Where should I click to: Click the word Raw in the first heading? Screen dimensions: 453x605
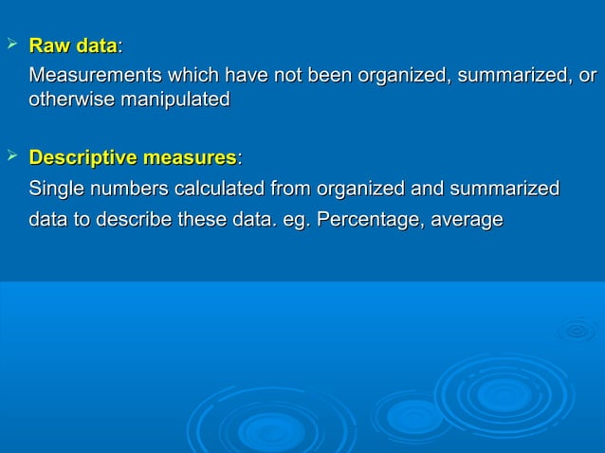point(48,45)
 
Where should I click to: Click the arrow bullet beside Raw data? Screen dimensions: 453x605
point(11,45)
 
